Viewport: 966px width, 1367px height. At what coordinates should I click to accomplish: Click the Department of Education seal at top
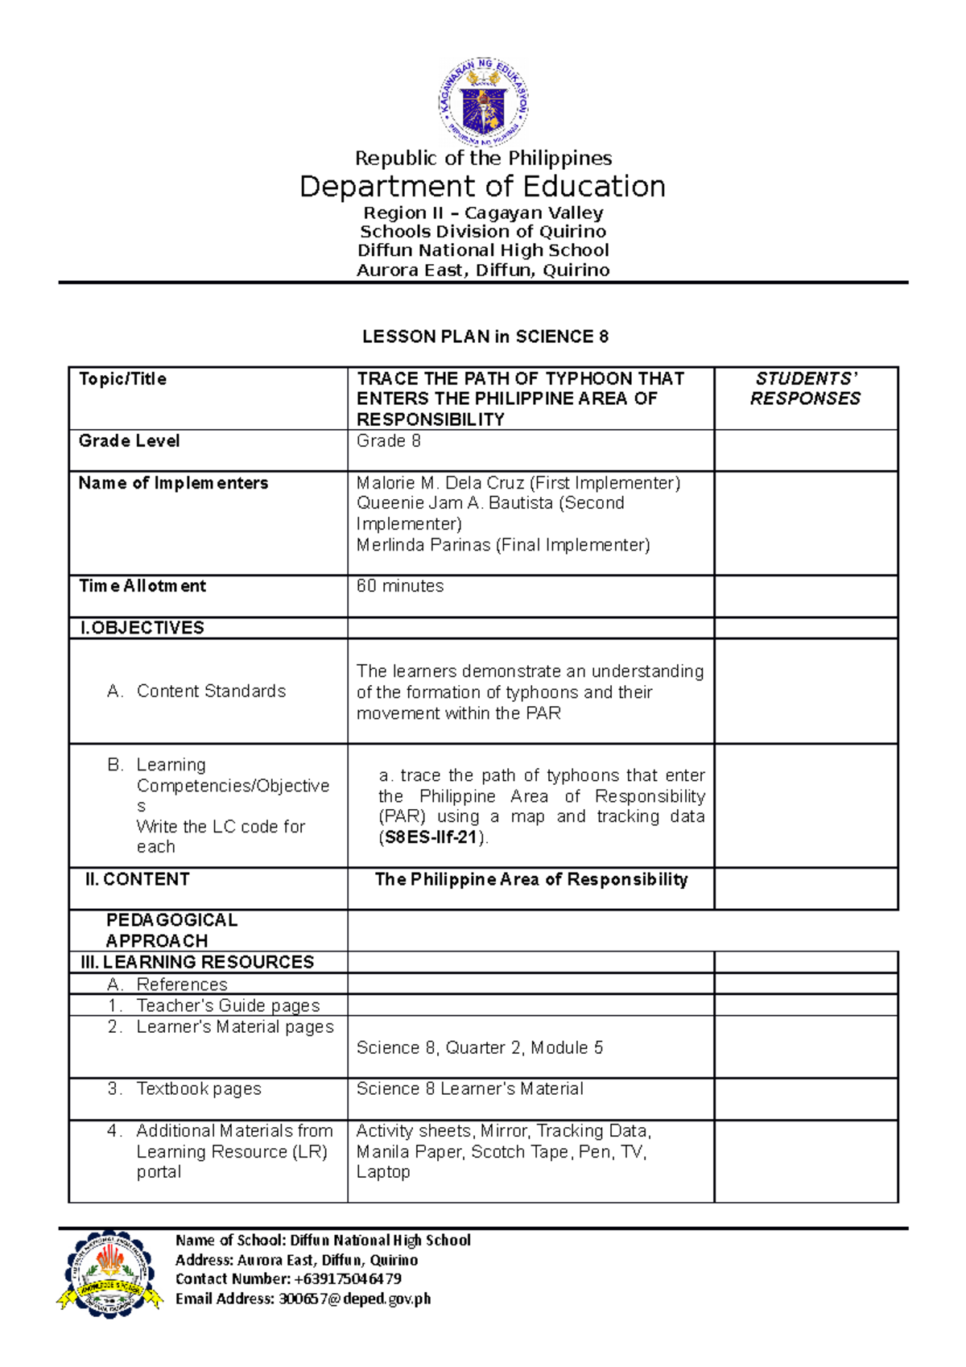coord(483,103)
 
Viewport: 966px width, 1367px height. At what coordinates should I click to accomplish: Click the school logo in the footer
coord(109,1274)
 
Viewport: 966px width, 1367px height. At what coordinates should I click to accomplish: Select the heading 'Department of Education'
coord(482,186)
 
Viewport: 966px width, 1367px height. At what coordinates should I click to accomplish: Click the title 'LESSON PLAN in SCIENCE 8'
coord(485,337)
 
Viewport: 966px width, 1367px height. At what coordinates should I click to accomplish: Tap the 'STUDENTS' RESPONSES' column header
coord(805,388)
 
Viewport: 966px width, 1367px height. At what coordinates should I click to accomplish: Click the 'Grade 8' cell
coord(388,441)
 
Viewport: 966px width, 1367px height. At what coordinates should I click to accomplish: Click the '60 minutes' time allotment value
coord(400,586)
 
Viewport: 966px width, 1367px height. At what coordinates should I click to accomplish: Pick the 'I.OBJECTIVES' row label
coord(142,628)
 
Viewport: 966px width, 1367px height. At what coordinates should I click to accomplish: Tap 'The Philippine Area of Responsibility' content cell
coord(530,879)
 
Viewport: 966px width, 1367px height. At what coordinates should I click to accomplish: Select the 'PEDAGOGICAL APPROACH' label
coord(171,930)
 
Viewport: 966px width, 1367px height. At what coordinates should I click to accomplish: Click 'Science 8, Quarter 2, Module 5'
coord(480,1047)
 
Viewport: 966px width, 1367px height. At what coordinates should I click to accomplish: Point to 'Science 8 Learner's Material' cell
coord(469,1088)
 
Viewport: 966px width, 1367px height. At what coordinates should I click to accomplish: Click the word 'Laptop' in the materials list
coord(383,1172)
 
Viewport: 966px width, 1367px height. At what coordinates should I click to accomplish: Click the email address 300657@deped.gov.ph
coord(354,1298)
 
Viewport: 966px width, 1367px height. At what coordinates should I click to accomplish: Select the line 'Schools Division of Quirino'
coord(482,232)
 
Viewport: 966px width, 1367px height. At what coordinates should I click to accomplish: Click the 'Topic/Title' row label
coord(122,379)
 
